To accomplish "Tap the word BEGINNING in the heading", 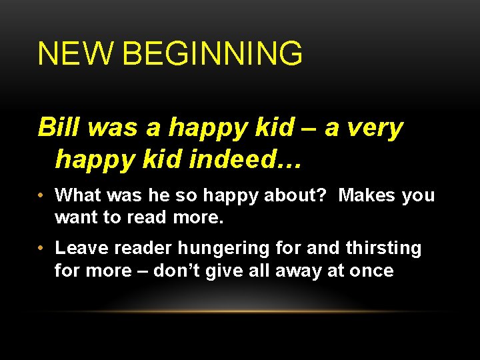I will pyautogui.click(x=213, y=54).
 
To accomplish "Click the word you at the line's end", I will pyautogui.click(x=419, y=195).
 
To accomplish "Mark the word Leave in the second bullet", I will pyautogui.click(x=80, y=249).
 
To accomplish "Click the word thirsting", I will pyautogui.click(x=384, y=249).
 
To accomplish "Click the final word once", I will pyautogui.click(x=373, y=271).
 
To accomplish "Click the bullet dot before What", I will pyautogui.click(x=41, y=195).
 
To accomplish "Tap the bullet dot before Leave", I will pyautogui.click(x=41, y=249).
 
